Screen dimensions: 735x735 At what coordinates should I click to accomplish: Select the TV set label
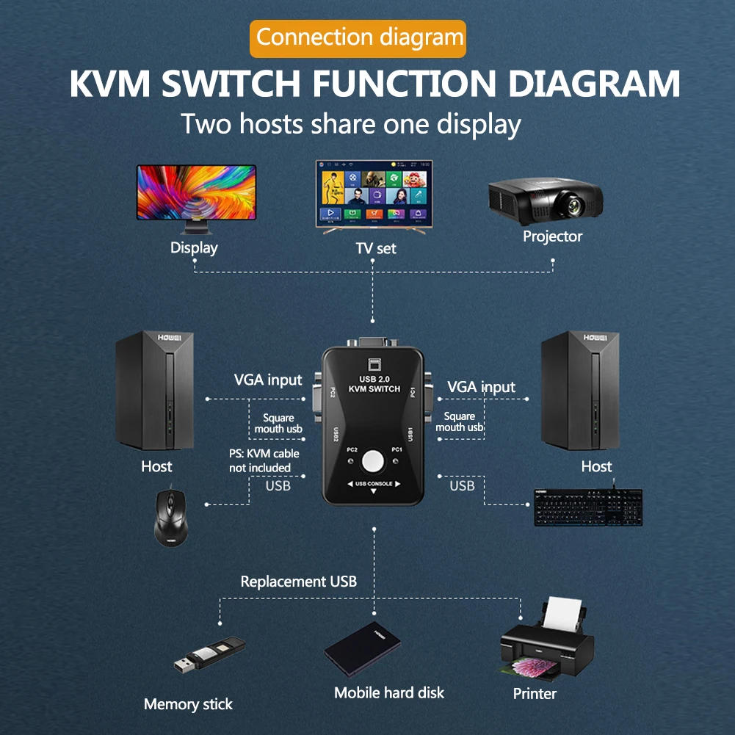pyautogui.click(x=376, y=248)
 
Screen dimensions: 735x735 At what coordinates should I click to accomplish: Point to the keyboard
pyautogui.click(x=587, y=507)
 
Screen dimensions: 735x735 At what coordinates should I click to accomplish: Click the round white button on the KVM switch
pyautogui.click(x=374, y=461)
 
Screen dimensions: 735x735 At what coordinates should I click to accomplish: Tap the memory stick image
pyautogui.click(x=209, y=656)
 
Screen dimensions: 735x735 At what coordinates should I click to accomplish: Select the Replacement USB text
pyautogui.click(x=299, y=582)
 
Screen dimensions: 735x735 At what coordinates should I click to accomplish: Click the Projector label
pyautogui.click(x=552, y=236)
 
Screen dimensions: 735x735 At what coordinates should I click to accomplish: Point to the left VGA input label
pyautogui.click(x=268, y=380)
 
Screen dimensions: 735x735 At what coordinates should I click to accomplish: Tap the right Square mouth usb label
pyautogui.click(x=460, y=422)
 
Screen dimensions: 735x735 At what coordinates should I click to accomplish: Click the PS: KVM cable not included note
pyautogui.click(x=264, y=460)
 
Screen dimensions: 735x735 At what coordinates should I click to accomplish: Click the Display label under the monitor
pyautogui.click(x=194, y=247)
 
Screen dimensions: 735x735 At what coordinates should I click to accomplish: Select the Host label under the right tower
pyautogui.click(x=596, y=466)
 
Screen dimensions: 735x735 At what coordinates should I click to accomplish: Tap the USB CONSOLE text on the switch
pyautogui.click(x=374, y=484)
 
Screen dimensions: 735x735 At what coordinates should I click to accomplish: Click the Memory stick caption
pyautogui.click(x=188, y=704)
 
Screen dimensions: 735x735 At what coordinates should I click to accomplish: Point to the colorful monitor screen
pyautogui.click(x=196, y=191)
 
